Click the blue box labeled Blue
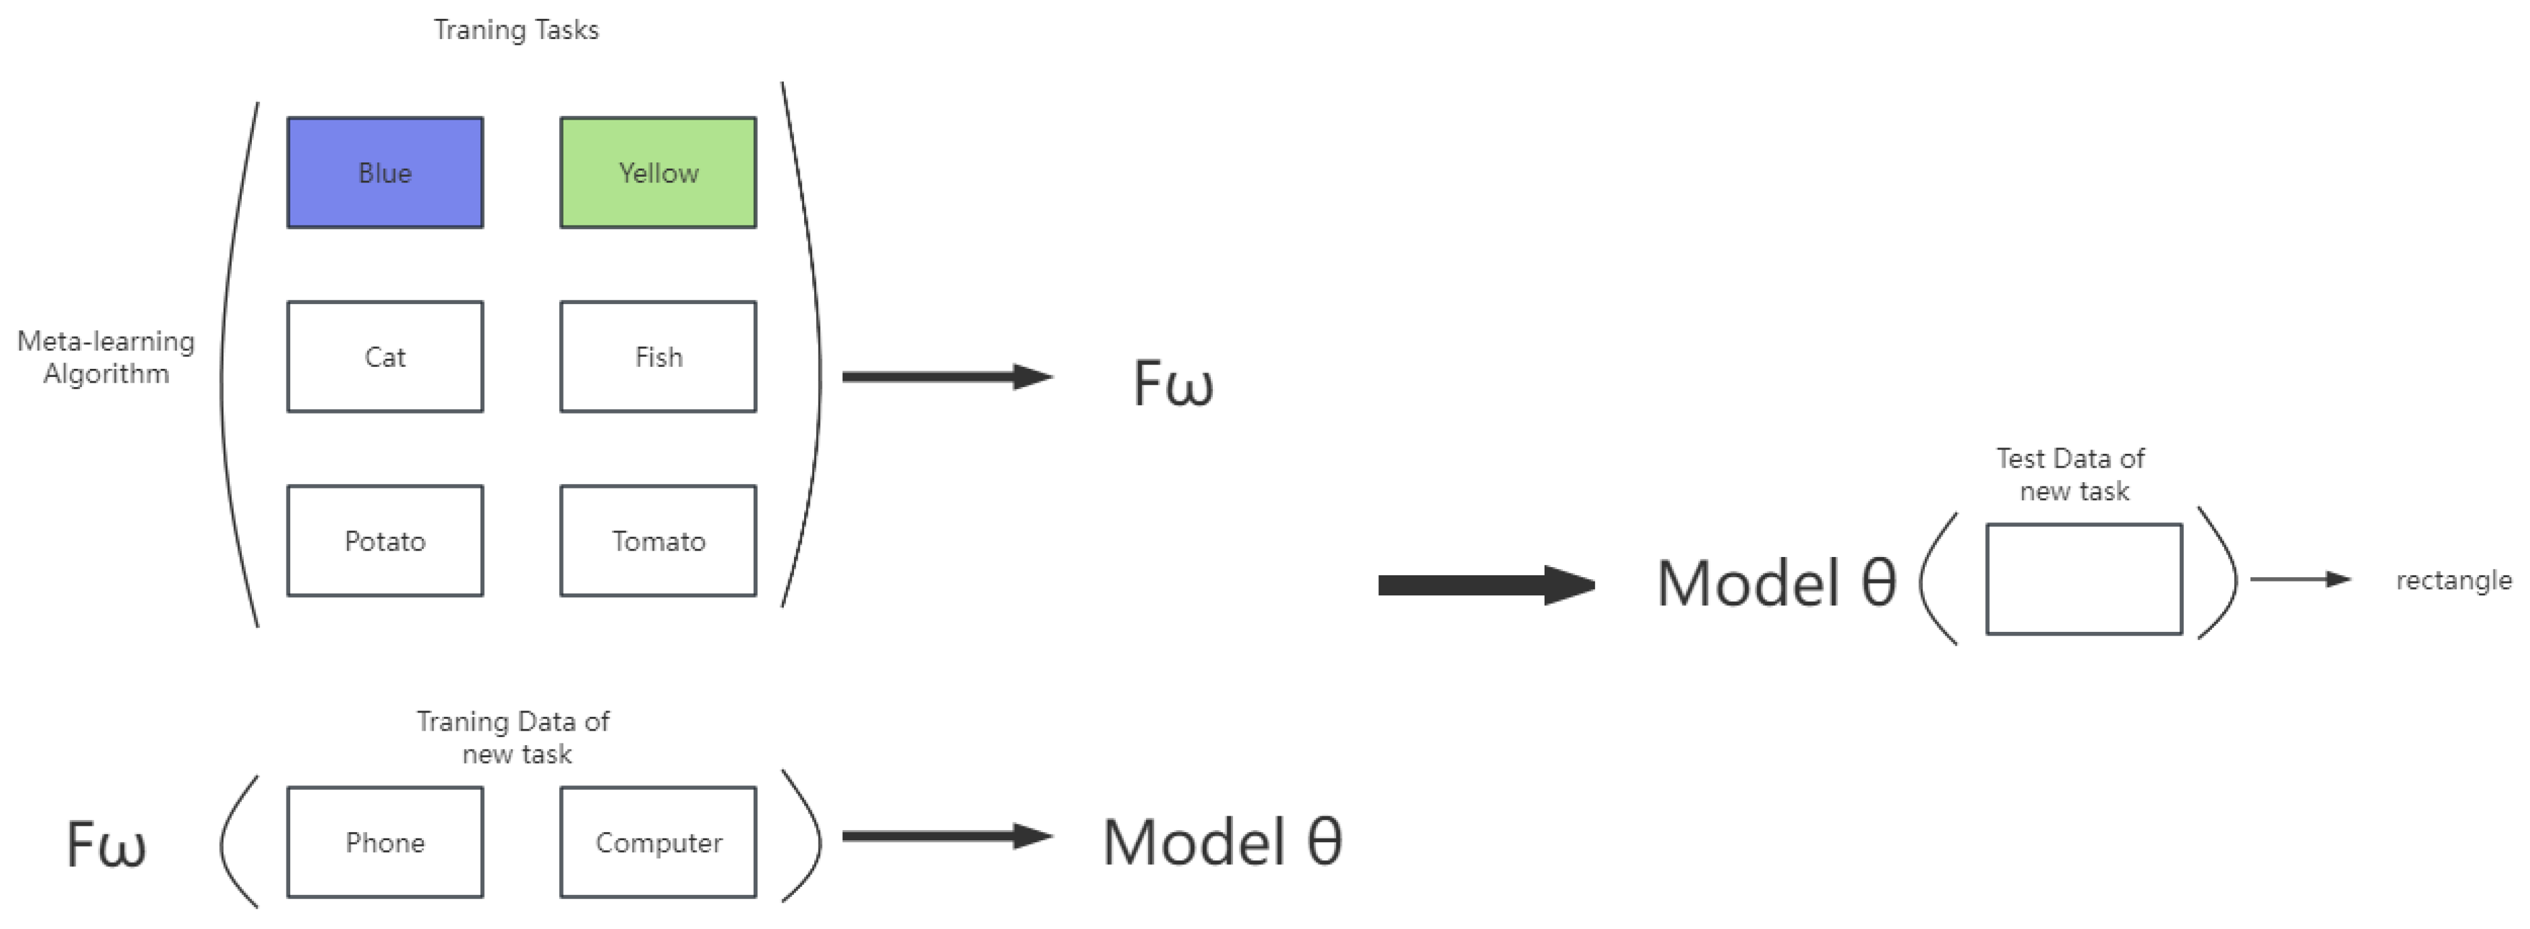pos(385,173)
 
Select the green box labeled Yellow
pos(658,173)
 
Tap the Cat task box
pos(385,356)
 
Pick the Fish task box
pos(658,356)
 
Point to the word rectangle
pos(2453,580)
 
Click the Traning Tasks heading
pos(516,30)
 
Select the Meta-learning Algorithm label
pos(106,358)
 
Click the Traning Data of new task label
pos(514,738)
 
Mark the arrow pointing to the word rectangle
pos(2299,580)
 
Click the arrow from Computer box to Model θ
pos(947,836)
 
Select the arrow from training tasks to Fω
pos(947,376)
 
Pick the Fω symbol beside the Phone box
pos(106,845)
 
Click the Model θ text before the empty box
pos(1776,583)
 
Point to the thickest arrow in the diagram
pos(1485,585)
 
